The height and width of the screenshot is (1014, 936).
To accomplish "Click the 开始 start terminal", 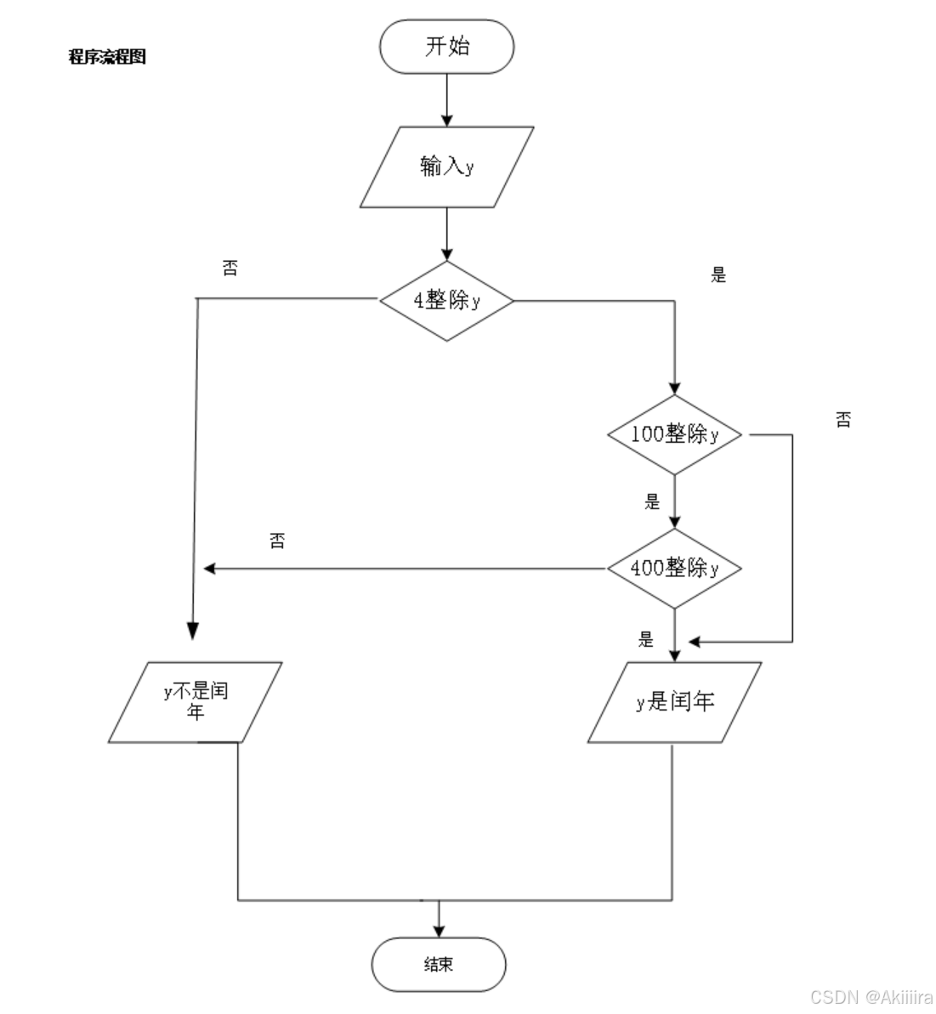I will (x=447, y=47).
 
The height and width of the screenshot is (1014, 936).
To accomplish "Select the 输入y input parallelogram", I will (x=447, y=167).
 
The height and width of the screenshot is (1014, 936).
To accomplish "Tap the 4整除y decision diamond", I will (x=447, y=301).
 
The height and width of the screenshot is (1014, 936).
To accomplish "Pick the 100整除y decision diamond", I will (x=674, y=434).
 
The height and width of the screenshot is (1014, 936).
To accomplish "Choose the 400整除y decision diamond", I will (x=674, y=568).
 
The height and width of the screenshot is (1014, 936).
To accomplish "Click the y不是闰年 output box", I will (x=196, y=702).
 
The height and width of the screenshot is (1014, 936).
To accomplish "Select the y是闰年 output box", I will (x=674, y=702).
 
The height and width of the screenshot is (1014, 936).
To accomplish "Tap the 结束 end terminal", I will (x=439, y=964).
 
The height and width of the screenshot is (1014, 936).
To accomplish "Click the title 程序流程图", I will (x=107, y=57).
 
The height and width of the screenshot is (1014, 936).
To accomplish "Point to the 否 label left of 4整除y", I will (x=230, y=269).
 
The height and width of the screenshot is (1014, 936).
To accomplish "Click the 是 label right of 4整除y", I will (x=718, y=275).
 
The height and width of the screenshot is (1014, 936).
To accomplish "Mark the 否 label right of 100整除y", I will (x=842, y=419).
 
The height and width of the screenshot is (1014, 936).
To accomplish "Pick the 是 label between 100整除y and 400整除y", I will (x=652, y=501).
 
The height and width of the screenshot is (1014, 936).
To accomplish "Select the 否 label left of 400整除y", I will (x=277, y=541).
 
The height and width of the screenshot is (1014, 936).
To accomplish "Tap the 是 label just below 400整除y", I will (x=646, y=639).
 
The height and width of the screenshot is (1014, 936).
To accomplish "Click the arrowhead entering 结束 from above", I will (x=439, y=930).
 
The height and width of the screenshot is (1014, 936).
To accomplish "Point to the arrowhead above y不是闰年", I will (x=193, y=631).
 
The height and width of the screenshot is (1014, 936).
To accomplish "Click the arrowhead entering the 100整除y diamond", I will (x=674, y=388).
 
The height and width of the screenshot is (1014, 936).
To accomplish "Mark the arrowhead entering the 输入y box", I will (x=447, y=120).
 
